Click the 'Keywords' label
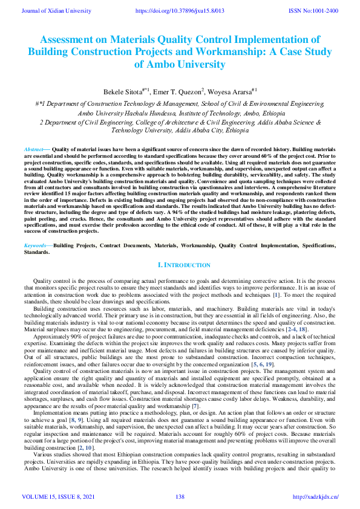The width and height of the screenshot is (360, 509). [35, 245]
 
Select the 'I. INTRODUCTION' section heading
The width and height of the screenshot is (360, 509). [184, 265]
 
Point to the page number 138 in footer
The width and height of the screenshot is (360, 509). [180, 497]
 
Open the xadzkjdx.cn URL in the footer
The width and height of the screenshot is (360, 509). [315, 497]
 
